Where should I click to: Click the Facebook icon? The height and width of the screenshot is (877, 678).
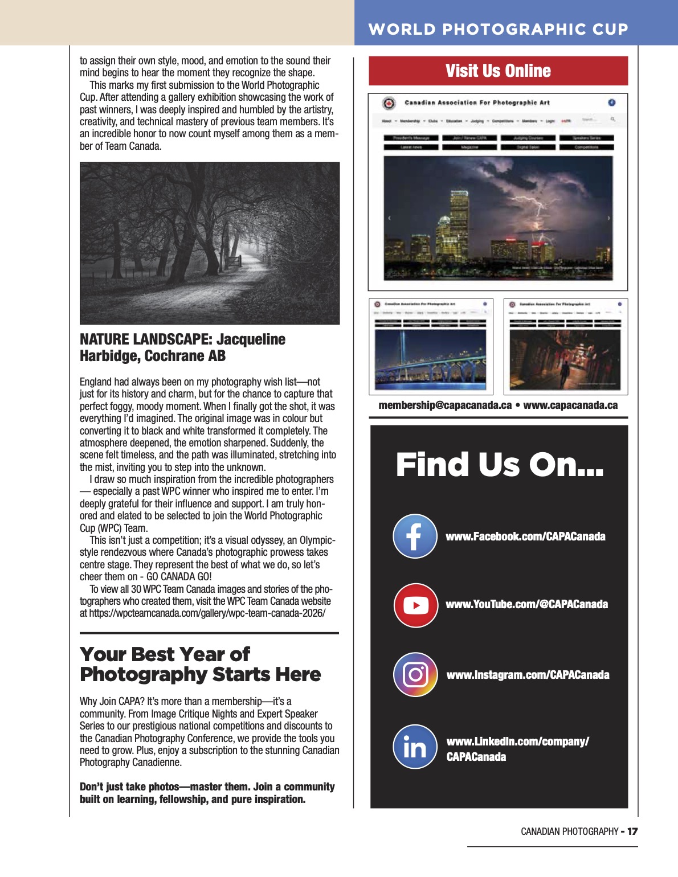point(415,536)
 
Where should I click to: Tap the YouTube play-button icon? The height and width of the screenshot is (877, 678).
point(415,605)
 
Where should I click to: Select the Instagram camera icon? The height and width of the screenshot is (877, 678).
point(415,675)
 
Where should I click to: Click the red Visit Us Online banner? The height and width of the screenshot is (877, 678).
point(498,71)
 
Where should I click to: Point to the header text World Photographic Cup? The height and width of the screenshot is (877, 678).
point(498,29)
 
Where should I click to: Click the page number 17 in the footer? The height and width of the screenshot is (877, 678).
point(632,831)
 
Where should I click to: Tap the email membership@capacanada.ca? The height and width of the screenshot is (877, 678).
point(445,405)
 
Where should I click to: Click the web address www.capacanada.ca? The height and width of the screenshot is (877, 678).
point(570,405)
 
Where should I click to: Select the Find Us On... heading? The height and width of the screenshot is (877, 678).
point(499,465)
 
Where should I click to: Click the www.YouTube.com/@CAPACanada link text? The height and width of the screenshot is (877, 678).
point(526,604)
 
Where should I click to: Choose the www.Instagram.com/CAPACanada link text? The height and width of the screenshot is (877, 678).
point(528,675)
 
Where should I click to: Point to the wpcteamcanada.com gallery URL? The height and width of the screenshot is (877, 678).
point(207,613)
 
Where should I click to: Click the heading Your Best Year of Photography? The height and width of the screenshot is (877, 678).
point(200,664)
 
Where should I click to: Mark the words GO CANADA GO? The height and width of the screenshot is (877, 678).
point(179,576)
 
